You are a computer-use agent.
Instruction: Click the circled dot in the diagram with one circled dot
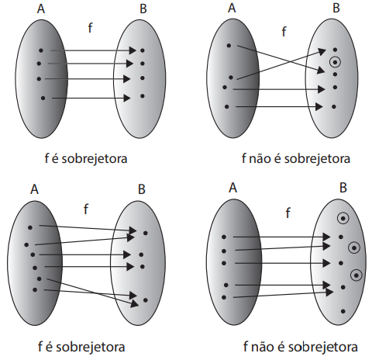point(335,62)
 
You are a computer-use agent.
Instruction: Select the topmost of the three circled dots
point(343,219)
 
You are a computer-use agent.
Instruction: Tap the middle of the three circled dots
point(354,247)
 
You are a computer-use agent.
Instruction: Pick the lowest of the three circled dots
point(356,275)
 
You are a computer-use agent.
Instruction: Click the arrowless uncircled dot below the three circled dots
point(343,311)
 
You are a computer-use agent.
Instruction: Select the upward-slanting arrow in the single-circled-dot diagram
point(281,64)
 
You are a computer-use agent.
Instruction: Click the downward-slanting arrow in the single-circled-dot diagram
point(281,59)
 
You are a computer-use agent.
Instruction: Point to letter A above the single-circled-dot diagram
point(232,8)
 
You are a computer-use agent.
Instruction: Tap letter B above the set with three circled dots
point(343,188)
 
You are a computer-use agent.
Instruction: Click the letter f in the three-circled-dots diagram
point(288,213)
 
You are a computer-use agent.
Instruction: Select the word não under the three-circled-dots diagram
point(262,347)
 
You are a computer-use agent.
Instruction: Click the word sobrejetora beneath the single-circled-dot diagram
point(317,159)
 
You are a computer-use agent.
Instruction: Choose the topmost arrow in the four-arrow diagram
point(93,50)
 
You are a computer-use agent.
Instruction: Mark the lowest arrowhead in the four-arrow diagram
point(127,98)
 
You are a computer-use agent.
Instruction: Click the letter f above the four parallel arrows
point(90,28)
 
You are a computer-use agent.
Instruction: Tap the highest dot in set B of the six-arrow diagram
point(146,233)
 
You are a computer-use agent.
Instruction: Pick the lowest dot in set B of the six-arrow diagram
point(145,300)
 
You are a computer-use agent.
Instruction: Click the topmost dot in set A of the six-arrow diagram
point(30,227)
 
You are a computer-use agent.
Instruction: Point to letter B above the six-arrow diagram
point(142,189)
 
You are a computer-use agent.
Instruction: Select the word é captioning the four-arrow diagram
point(55,159)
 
